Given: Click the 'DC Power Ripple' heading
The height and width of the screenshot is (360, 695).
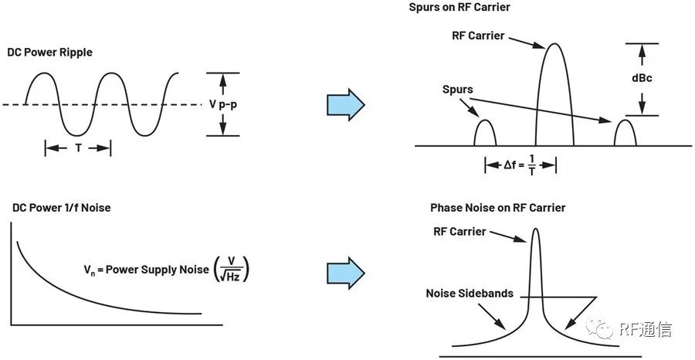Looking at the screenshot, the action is tap(49, 53).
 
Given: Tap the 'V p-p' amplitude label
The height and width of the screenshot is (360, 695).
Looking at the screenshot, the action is tap(223, 105).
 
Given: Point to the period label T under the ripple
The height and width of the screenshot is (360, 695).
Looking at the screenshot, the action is tap(78, 148).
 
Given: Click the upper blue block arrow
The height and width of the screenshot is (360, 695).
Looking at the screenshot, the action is tap(346, 104).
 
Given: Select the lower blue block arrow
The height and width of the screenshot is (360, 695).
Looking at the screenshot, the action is tap(346, 273).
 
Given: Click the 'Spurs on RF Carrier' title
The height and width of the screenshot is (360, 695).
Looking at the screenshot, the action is tap(459, 7).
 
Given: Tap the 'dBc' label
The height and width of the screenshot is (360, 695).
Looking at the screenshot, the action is tap(642, 79).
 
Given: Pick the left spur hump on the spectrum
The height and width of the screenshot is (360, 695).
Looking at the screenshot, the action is tap(485, 133).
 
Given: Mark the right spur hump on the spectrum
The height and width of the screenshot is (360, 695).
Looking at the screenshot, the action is tap(625, 133).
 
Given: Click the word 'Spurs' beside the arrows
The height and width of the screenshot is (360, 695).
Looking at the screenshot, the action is tap(457, 89).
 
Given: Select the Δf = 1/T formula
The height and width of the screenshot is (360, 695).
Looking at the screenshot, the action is tap(520, 165).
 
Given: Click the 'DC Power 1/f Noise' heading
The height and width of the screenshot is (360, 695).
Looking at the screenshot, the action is tap(61, 208).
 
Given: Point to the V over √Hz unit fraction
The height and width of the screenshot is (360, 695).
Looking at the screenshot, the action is tap(231, 269).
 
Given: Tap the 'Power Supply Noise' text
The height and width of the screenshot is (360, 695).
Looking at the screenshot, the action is tap(157, 269).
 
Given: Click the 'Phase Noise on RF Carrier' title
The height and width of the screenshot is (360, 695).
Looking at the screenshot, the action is tap(498, 208).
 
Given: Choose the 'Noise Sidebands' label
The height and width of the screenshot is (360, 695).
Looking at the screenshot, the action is tap(470, 294).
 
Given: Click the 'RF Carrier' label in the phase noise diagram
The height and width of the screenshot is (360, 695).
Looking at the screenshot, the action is tap(459, 232).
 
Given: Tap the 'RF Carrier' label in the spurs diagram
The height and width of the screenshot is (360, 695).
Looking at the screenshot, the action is tap(478, 36).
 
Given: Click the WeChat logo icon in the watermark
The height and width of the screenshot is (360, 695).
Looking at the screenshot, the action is tap(600, 328).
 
